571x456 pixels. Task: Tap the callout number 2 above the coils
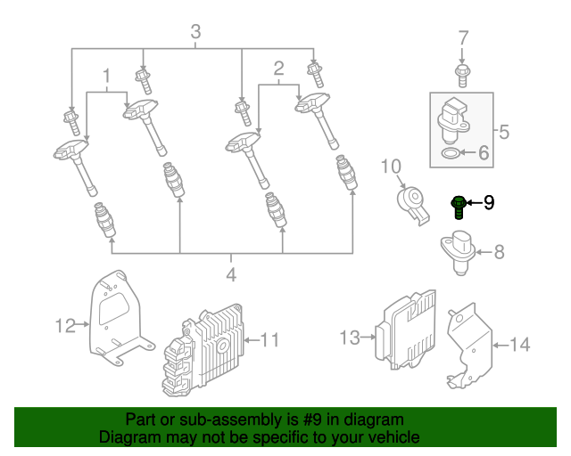click(x=278, y=69)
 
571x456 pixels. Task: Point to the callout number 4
click(x=231, y=275)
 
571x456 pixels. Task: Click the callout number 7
click(x=463, y=37)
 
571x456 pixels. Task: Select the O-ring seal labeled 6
click(x=453, y=154)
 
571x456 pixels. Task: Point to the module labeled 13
click(x=407, y=327)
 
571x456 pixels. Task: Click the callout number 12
click(x=65, y=326)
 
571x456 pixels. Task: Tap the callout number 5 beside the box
click(x=503, y=133)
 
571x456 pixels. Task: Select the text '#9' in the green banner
click(x=300, y=419)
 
